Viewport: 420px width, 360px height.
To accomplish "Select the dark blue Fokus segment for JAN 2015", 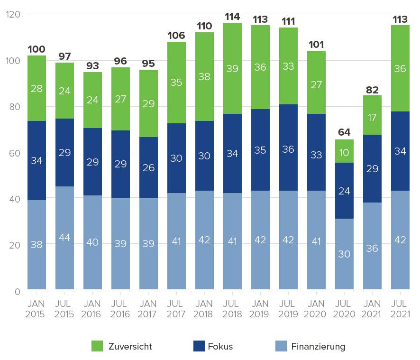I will tap(37, 160).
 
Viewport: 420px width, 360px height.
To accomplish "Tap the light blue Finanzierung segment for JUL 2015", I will tap(64, 238).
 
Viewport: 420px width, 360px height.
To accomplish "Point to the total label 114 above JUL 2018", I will tap(232, 17).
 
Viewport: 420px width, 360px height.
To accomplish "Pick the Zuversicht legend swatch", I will tap(97, 346).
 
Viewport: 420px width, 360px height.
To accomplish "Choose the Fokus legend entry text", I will tap(220, 346).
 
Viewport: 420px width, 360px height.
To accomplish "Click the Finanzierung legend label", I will tap(318, 346).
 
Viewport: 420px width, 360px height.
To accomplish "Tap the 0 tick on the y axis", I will tap(18, 291).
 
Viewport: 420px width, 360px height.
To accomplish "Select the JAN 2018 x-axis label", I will tap(204, 308).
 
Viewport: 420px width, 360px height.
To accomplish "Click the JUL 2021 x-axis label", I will tap(400, 308).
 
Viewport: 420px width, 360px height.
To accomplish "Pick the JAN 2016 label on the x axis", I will tap(92, 308).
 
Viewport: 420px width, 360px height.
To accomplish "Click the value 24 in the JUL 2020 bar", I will tap(344, 191).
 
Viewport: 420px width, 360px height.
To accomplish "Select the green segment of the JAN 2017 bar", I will tap(148, 103).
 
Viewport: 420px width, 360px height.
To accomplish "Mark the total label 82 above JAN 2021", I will tap(372, 89).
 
